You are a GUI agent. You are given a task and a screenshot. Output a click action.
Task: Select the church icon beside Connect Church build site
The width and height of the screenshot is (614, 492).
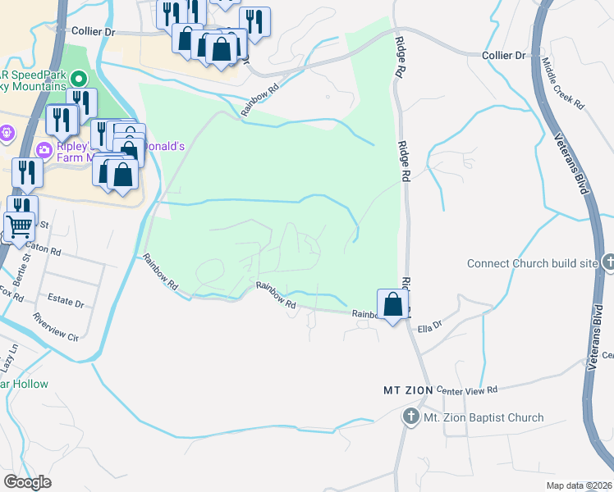pos(608,263)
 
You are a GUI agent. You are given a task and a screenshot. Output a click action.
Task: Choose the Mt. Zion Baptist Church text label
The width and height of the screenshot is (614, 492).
pos(483,417)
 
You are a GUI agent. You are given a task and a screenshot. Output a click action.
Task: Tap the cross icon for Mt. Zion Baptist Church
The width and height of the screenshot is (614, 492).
pos(410,417)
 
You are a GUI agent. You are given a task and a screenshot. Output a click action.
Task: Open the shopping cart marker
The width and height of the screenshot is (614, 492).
pos(19,225)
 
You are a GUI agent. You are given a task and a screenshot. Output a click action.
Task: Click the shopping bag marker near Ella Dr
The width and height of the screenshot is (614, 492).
pos(393,304)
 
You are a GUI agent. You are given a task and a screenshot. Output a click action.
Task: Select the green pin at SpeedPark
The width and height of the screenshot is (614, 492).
pos(79,80)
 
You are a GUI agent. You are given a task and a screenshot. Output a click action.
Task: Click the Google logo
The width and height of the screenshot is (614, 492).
pos(27,482)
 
